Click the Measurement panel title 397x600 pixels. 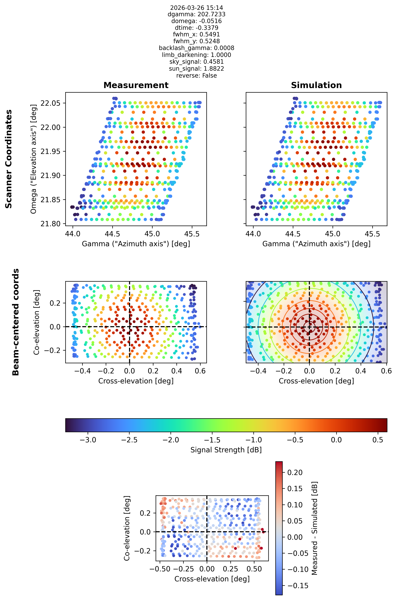click(x=136, y=85)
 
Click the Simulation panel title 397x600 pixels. click(x=316, y=85)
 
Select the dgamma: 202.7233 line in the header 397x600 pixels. click(x=197, y=14)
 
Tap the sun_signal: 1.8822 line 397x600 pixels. click(x=197, y=68)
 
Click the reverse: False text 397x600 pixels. click(x=197, y=75)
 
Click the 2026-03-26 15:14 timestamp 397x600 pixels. click(x=197, y=8)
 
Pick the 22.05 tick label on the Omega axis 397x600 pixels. click(x=50, y=103)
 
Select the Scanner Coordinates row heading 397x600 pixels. click(x=9, y=159)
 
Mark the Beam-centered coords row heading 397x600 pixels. click(x=16, y=322)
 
